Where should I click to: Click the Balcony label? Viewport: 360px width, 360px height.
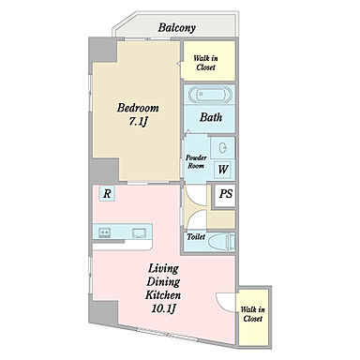pyautogui.click(x=176, y=27)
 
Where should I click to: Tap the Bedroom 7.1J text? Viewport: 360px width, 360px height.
pyautogui.click(x=138, y=114)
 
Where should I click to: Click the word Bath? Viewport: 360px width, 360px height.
pyautogui.click(x=211, y=117)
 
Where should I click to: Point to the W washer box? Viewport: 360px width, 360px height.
pyautogui.click(x=223, y=170)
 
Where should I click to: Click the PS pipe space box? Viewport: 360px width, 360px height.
pyautogui.click(x=225, y=194)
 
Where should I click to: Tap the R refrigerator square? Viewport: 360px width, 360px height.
pyautogui.click(x=107, y=194)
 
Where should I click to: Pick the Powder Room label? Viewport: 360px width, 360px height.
pyautogui.click(x=196, y=162)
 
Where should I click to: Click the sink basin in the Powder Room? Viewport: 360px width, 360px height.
pyautogui.click(x=223, y=148)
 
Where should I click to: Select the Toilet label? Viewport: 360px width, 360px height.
pyautogui.click(x=196, y=237)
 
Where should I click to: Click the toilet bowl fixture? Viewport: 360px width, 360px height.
pyautogui.click(x=221, y=242)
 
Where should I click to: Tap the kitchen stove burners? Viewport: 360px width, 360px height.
pyautogui.click(x=105, y=232)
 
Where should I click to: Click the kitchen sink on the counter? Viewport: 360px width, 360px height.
pyautogui.click(x=141, y=232)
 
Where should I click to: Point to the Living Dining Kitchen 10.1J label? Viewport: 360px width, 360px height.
pyautogui.click(x=163, y=289)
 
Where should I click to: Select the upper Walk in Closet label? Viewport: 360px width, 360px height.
pyautogui.click(x=205, y=63)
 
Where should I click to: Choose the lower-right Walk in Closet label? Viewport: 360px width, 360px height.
pyautogui.click(x=253, y=314)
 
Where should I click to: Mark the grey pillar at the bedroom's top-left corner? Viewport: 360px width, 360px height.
pyautogui.click(x=102, y=50)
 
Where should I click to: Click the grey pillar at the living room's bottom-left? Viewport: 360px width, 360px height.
pyautogui.click(x=103, y=311)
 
